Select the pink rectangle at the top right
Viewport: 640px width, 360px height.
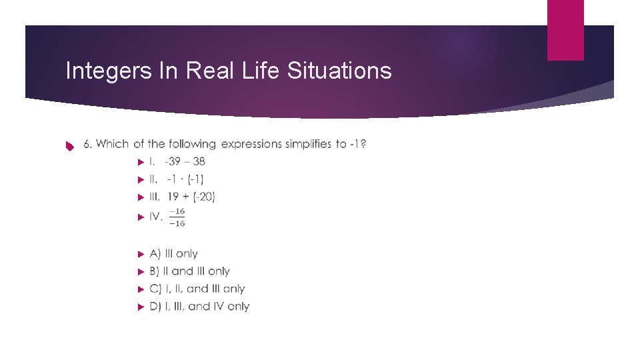(565, 30)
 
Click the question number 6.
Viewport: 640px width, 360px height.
(87, 144)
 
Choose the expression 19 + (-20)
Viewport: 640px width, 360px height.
(191, 197)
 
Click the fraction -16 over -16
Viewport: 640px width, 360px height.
(177, 217)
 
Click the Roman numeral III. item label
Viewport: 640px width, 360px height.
(155, 197)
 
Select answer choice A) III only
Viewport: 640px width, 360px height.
(174, 253)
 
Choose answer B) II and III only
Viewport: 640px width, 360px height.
(189, 271)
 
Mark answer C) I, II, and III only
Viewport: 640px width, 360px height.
(197, 289)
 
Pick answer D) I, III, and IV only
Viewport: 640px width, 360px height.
(199, 307)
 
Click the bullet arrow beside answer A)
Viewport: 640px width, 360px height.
(140, 254)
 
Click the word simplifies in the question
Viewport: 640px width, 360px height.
(308, 144)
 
